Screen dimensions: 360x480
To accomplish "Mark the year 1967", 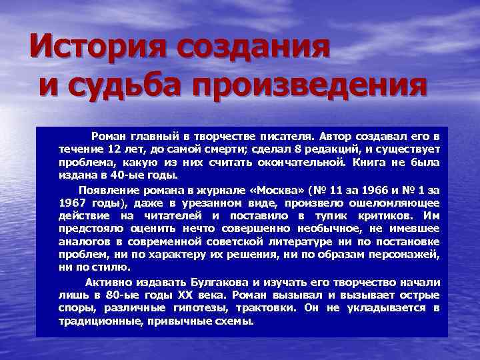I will [72, 203].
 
